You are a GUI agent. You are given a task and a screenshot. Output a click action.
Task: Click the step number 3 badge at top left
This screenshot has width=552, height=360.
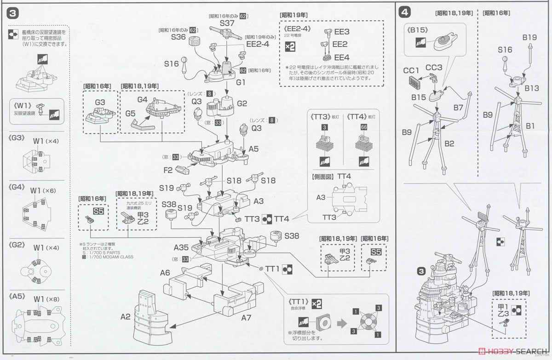click(13, 13)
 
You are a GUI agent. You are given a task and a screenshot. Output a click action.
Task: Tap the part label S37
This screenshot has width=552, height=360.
click(227, 23)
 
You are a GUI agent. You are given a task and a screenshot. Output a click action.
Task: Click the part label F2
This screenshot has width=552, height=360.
click(167, 170)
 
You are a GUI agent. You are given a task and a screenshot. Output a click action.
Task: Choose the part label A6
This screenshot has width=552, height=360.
click(165, 273)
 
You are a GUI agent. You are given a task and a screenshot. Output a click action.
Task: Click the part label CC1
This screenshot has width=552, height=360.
click(411, 70)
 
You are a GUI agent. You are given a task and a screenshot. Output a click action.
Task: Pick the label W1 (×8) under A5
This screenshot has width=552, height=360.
click(43, 298)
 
